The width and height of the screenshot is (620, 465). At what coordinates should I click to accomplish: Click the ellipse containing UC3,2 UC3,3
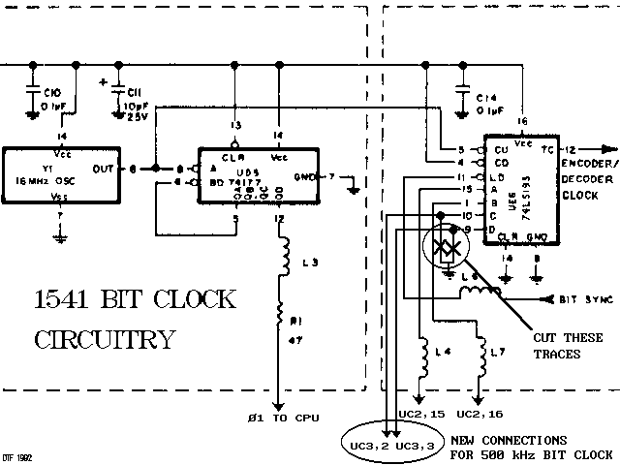[x=385, y=446]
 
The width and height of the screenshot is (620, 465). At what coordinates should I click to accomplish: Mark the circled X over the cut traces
[x=444, y=248]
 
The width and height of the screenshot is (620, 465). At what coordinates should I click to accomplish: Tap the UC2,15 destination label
[x=419, y=414]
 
